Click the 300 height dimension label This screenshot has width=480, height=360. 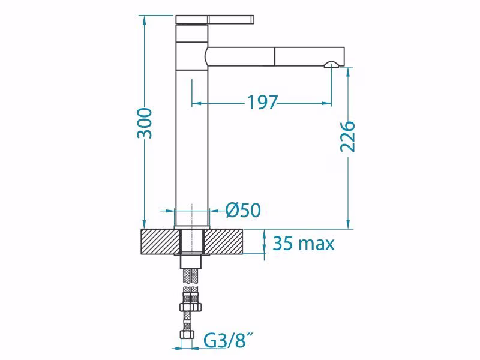pyautogui.click(x=144, y=123)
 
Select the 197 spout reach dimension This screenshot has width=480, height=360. pyautogui.click(x=262, y=103)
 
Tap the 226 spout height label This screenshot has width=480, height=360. pyautogui.click(x=348, y=137)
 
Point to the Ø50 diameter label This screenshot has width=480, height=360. pyautogui.click(x=243, y=210)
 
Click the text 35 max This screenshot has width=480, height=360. pyautogui.click(x=304, y=244)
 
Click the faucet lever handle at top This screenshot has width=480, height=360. pyautogui.click(x=215, y=19)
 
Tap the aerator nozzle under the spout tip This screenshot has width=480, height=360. pyautogui.click(x=331, y=64)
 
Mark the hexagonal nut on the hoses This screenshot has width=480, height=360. pyautogui.click(x=191, y=307)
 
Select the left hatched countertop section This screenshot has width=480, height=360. pyautogui.click(x=160, y=242)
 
